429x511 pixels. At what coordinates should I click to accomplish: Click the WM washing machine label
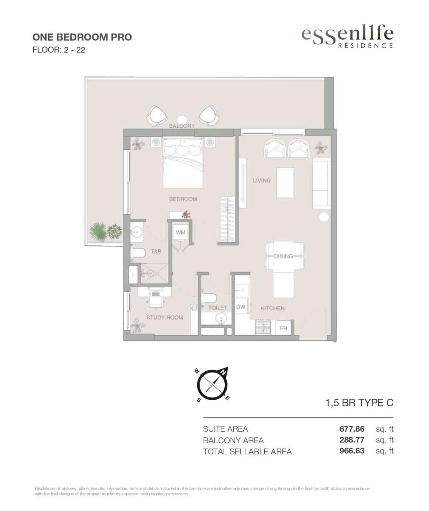[180, 232]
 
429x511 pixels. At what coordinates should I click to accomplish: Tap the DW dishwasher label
[240, 307]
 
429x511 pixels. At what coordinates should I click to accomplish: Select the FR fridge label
[283, 328]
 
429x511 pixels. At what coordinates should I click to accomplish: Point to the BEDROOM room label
[183, 199]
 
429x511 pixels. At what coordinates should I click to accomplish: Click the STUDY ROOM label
[165, 317]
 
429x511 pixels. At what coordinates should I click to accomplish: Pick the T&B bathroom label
[156, 251]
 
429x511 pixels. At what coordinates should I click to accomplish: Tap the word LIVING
[262, 181]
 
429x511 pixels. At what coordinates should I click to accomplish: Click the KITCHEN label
[272, 308]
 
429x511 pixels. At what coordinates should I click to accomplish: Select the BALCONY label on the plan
[182, 126]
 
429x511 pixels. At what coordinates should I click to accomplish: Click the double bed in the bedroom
[183, 163]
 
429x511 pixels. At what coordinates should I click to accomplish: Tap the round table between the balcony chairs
[182, 120]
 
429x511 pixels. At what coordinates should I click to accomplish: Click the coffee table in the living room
[286, 183]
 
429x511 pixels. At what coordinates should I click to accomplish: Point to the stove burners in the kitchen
[263, 327]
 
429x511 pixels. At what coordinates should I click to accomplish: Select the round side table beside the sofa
[324, 217]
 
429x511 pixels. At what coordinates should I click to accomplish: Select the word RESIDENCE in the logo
[366, 46]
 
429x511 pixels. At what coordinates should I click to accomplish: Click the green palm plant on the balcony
[98, 232]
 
